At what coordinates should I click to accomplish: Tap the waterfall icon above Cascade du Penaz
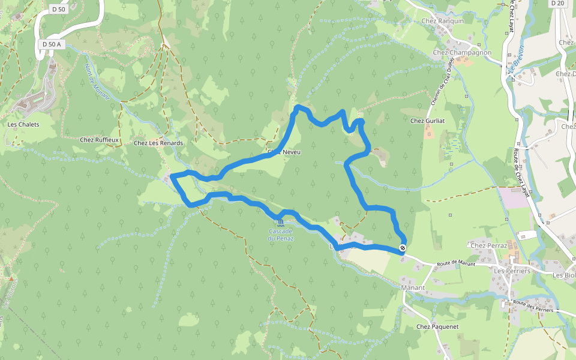pos(281,223)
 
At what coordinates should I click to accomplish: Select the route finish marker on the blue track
pos(403,247)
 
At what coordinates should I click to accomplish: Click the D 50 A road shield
pos(51,44)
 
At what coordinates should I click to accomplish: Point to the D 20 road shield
pos(557,3)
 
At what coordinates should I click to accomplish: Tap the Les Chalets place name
pos(23,125)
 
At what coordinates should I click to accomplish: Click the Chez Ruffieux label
pos(100,140)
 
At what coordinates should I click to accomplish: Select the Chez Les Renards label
pos(158,143)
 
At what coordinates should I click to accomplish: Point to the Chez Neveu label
pos(284,152)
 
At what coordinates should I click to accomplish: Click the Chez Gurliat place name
pos(428,121)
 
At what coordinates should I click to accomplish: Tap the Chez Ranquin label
pos(443,21)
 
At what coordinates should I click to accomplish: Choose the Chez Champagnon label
pos(461,53)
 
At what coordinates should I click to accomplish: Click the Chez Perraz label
pos(489,246)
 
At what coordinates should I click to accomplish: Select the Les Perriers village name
pos(512,271)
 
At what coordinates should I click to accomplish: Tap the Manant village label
pos(412,288)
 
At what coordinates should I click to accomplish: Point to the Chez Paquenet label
pos(437,327)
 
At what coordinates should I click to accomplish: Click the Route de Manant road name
pos(456,264)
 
